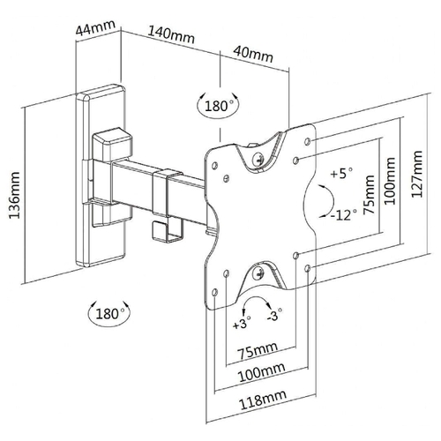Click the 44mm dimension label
point(95,27)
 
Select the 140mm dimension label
point(170,35)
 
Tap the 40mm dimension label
point(253,55)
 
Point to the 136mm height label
point(14,195)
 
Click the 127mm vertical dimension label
point(416,174)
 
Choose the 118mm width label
point(263,400)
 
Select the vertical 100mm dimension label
point(390,181)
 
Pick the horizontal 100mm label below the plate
point(261,371)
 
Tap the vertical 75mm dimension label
point(369,195)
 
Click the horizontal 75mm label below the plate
point(258,350)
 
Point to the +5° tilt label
point(341,174)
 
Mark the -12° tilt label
point(344,215)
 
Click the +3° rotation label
point(242,325)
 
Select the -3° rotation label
point(274,315)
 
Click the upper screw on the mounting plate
point(258,158)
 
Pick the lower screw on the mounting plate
point(258,272)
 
